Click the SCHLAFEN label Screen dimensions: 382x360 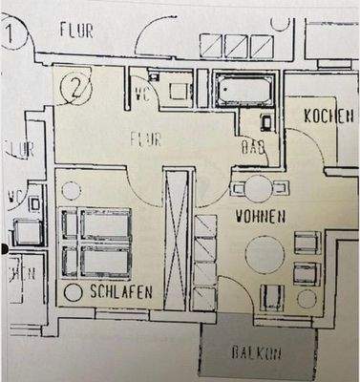tap(120, 290)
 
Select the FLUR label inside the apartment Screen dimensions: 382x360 tap(145, 139)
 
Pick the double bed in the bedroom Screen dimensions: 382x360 tap(98, 243)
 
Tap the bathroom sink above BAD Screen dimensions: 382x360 tap(267, 122)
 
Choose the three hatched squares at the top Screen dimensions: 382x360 tap(226, 45)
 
